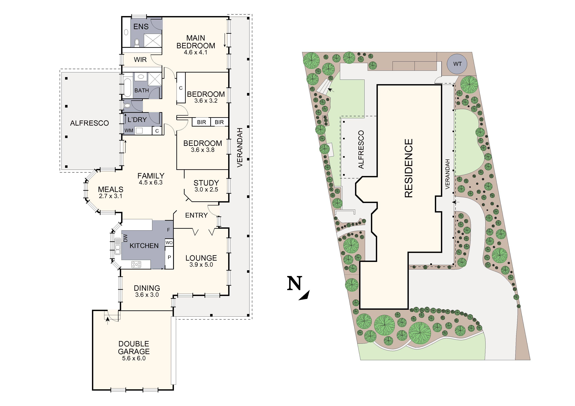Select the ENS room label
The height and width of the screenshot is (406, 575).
coord(141,27)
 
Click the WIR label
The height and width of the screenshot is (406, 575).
coord(140,60)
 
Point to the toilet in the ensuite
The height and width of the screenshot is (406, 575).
coord(137,43)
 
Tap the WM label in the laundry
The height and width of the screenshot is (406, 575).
coord(129,130)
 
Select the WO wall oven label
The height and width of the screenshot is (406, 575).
coord(169,242)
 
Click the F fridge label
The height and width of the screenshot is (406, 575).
coord(169,230)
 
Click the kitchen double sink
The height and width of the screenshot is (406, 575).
coord(118,246)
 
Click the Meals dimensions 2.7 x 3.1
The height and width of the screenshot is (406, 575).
coord(110,196)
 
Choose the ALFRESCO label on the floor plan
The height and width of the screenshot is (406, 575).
coord(89,123)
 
